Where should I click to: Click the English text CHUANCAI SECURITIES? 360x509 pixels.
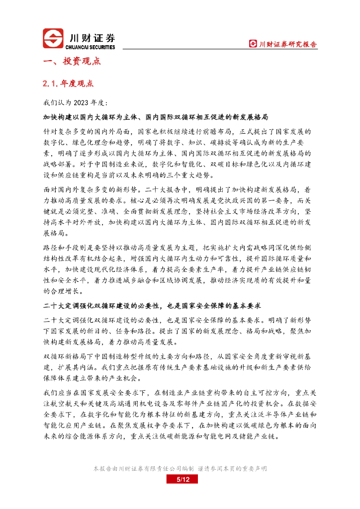90,47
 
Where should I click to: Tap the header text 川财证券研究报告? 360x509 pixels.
288,44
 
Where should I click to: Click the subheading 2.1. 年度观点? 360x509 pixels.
69,84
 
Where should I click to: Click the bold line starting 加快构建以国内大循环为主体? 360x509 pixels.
156,117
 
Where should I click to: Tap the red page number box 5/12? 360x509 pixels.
180,479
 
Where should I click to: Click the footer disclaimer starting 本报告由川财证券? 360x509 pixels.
180,469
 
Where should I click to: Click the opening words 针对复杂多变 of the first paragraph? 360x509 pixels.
68,132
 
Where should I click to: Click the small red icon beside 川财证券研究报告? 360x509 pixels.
253,44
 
